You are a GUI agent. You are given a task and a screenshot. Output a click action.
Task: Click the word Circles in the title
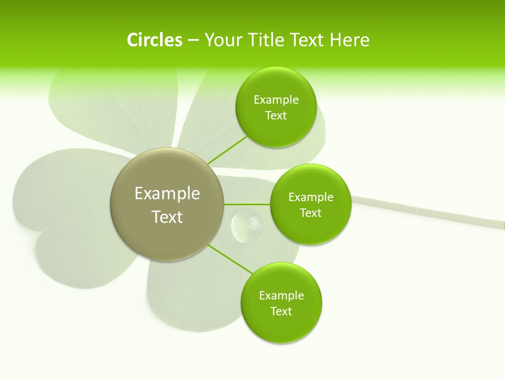coord(155,40)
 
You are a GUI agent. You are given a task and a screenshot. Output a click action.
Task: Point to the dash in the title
coord(193,41)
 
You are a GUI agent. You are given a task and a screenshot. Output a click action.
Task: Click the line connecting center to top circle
coord(227,150)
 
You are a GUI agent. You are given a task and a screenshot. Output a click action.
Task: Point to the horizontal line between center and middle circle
coord(247,204)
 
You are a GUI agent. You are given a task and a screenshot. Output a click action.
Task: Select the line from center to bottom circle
coord(230,258)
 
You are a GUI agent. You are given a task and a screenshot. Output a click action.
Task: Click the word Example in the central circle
coord(167,194)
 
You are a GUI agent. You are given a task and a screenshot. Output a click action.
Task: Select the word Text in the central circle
coord(167,217)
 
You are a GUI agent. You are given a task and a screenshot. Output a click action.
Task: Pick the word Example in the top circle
coord(276,99)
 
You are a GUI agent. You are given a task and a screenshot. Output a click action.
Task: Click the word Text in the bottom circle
coord(281,311)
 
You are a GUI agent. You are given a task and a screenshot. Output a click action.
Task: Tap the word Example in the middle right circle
coord(310,197)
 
